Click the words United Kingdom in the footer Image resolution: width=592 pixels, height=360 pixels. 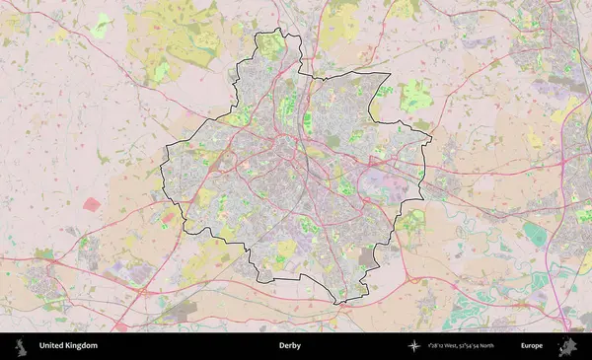click(68, 346)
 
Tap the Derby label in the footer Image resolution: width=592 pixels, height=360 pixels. click(289, 346)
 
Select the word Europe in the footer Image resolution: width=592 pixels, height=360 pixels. click(532, 346)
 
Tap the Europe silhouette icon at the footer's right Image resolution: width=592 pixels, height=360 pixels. click(567, 346)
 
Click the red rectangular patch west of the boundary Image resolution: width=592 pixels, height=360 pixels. click(92, 204)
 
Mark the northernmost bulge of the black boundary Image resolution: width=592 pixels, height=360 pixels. click(269, 34)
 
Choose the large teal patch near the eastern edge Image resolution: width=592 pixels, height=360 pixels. click(534, 234)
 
